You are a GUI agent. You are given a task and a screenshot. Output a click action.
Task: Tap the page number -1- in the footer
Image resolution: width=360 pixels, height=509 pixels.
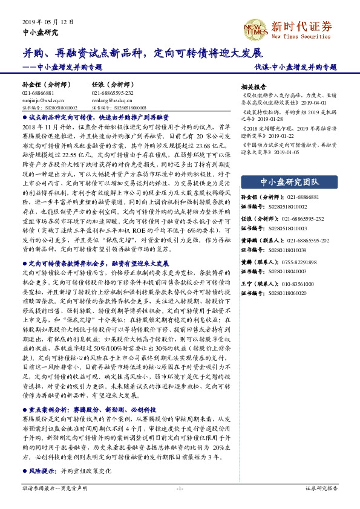pyautogui.click(x=180, y=488)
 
